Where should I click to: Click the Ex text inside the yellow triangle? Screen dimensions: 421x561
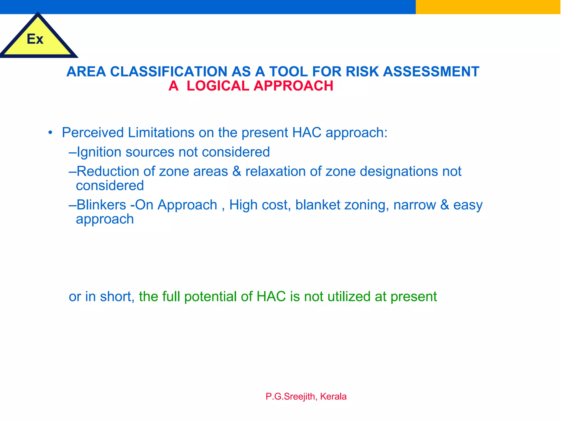point(35,39)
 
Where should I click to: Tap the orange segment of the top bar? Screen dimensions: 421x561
point(488,7)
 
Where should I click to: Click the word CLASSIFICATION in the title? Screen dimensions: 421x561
point(169,72)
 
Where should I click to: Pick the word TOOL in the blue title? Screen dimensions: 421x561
point(288,72)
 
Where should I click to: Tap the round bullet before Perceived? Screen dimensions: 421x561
point(50,133)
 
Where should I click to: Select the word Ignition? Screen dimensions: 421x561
point(99,152)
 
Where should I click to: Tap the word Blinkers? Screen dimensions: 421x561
point(101,205)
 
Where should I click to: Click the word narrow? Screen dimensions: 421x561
point(414,205)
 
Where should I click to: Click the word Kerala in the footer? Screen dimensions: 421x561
point(333,397)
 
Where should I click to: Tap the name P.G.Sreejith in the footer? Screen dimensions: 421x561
point(290,397)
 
